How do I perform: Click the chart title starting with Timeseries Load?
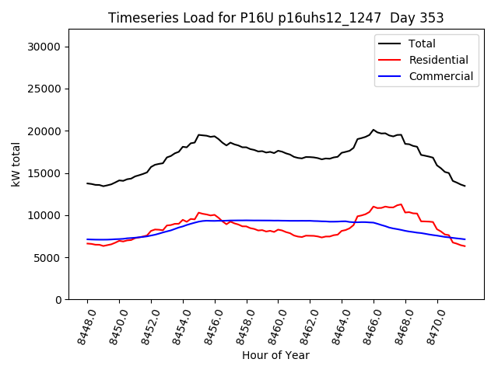[x=275, y=18]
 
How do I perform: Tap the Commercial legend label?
[x=440, y=76]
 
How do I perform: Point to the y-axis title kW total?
[x=16, y=164]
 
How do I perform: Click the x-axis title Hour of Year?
[x=275, y=355]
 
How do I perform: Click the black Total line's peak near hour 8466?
[x=373, y=130]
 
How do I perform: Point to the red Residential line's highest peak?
[x=401, y=204]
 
